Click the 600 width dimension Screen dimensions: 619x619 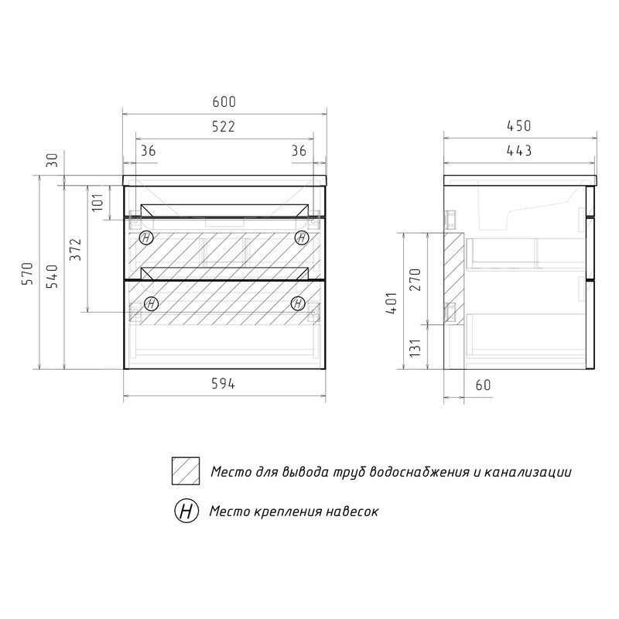[224, 102]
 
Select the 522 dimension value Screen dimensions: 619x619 [224, 127]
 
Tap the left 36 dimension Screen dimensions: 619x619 [148, 151]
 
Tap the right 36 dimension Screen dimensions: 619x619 [299, 151]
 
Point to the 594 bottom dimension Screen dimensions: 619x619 [223, 384]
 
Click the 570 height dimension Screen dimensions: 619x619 [28, 273]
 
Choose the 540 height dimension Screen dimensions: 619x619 [53, 276]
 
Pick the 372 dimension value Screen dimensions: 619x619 [75, 249]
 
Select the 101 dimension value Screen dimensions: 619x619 [97, 202]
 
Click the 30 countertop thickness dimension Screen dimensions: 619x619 [53, 159]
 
